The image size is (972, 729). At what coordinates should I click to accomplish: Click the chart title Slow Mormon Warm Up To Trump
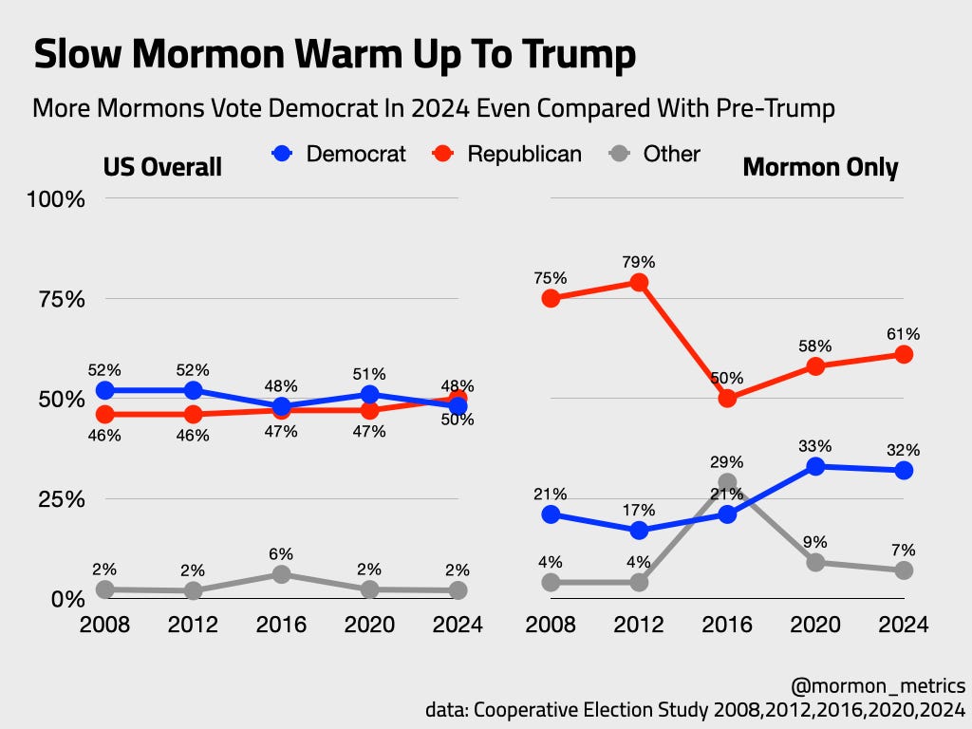click(x=334, y=56)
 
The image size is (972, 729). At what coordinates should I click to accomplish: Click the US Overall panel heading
click(x=162, y=168)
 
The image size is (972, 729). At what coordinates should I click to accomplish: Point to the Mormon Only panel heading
click(x=820, y=168)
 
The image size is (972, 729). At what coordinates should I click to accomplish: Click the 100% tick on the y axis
click(x=61, y=199)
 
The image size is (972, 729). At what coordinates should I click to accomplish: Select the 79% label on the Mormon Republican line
click(x=639, y=261)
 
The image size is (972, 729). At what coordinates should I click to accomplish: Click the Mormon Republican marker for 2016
click(x=727, y=399)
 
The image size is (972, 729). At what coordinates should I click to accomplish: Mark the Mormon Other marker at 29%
click(x=727, y=483)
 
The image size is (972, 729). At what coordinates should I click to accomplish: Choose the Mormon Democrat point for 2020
click(x=815, y=466)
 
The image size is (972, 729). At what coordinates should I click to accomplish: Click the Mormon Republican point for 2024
click(x=904, y=354)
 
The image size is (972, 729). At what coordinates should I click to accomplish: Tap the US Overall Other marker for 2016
click(x=281, y=574)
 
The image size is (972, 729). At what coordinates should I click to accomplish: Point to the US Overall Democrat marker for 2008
click(x=104, y=390)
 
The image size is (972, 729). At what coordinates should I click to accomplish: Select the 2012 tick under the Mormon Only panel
click(x=639, y=625)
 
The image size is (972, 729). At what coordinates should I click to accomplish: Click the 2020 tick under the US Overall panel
click(x=369, y=625)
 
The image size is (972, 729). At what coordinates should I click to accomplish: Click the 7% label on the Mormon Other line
click(x=904, y=549)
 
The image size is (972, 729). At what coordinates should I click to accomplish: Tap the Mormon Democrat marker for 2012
click(x=639, y=530)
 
